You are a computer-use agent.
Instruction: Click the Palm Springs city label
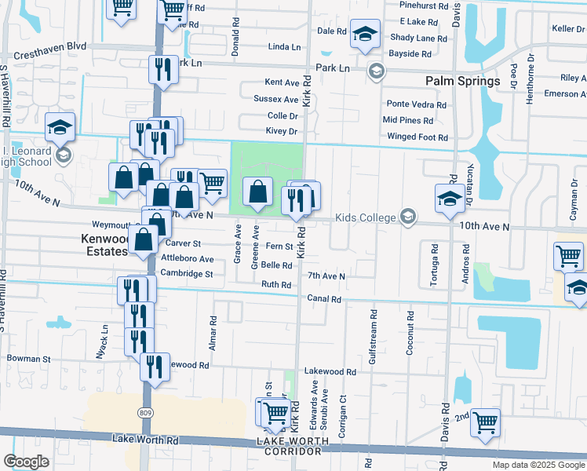[x=462, y=82]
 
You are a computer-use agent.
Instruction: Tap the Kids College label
[x=367, y=217]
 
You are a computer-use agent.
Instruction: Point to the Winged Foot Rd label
[x=416, y=137]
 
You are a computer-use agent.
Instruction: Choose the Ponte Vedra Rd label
[x=416, y=104]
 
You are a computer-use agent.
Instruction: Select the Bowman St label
[x=28, y=359]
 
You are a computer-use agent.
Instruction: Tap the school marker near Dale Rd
[x=364, y=35]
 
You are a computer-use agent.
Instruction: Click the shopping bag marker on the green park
[x=257, y=192]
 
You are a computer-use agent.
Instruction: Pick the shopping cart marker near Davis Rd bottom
[x=485, y=422]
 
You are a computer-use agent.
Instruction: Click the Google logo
[x=26, y=462]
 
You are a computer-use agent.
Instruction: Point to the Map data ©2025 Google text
[x=538, y=465]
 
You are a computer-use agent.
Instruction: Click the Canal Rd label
[x=323, y=299]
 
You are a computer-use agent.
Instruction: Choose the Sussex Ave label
[x=275, y=100]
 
